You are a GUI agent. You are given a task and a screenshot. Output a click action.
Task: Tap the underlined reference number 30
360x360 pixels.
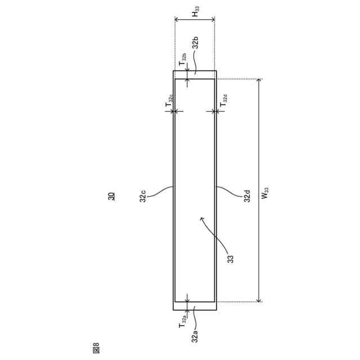pyautogui.click(x=111, y=196)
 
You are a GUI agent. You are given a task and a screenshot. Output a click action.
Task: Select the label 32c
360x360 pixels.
pyautogui.click(x=143, y=196)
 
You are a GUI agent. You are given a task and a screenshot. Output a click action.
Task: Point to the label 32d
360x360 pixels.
pyautogui.click(x=247, y=196)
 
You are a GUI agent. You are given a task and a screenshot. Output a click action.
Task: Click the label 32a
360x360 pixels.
pyautogui.click(x=195, y=336)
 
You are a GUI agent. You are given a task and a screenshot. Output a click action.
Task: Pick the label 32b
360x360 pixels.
pyautogui.click(x=195, y=43)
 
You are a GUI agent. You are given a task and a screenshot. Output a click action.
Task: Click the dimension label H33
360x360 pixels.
pyautogui.click(x=196, y=11)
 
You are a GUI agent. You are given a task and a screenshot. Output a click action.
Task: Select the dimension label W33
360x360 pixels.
pyautogui.click(x=265, y=193)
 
